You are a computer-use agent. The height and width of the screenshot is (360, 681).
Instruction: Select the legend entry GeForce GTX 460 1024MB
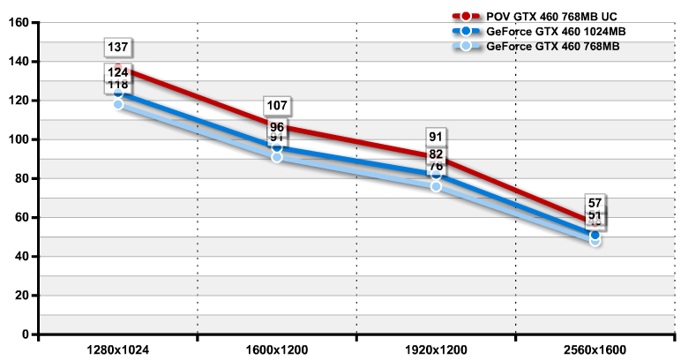[543, 31]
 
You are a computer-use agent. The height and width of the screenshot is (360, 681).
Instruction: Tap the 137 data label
[118, 47]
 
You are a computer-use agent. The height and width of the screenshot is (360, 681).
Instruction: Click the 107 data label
[277, 106]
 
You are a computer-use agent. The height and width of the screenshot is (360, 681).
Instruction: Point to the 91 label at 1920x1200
[436, 137]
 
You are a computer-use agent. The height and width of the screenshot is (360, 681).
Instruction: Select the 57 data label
[595, 203]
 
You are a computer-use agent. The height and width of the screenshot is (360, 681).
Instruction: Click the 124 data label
[118, 72]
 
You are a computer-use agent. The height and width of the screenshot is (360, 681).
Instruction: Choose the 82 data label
[436, 154]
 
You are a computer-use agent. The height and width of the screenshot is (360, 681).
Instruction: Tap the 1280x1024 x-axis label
[118, 350]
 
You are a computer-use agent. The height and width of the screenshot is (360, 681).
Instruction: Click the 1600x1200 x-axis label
[277, 350]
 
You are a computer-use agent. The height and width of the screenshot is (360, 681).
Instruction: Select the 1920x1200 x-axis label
[436, 350]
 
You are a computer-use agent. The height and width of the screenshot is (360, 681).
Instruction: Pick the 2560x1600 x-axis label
[595, 350]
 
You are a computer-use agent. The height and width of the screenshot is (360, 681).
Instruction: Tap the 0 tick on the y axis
[26, 334]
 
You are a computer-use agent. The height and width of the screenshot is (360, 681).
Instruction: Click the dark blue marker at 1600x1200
[277, 147]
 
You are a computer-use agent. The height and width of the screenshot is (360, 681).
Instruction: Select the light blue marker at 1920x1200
[436, 186]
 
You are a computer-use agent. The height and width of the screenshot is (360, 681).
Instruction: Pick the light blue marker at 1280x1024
[118, 104]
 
